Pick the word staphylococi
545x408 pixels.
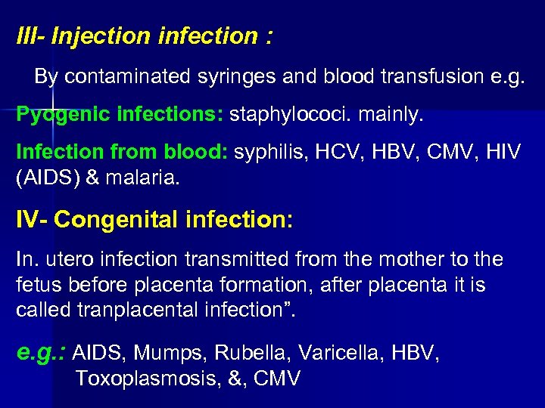tap(284, 115)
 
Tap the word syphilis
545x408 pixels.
tap(269, 153)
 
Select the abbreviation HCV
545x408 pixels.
tap(329, 153)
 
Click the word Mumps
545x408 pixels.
tap(173, 353)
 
